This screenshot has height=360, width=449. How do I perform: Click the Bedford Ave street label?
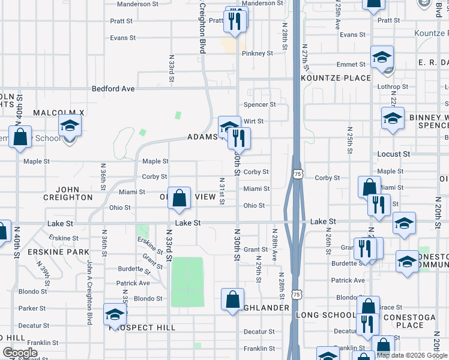[113, 89]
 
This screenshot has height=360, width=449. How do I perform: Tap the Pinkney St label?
[258, 53]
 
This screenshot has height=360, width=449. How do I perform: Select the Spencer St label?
[259, 104]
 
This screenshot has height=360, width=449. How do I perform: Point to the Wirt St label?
[253, 121]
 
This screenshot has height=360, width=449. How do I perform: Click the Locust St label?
[393, 154]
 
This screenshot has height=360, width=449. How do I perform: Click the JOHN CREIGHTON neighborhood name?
[68, 193]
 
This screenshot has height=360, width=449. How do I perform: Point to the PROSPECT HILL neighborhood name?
[142, 328]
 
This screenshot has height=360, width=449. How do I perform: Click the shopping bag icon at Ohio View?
[179, 198]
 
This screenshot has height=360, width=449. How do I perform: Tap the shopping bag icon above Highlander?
[232, 299]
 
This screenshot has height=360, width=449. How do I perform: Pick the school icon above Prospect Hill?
[115, 314]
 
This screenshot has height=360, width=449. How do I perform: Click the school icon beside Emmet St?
[382, 58]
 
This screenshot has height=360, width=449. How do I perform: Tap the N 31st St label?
[221, 191]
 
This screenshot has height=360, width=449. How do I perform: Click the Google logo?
[20, 353]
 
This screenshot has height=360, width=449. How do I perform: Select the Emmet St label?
[352, 65]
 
